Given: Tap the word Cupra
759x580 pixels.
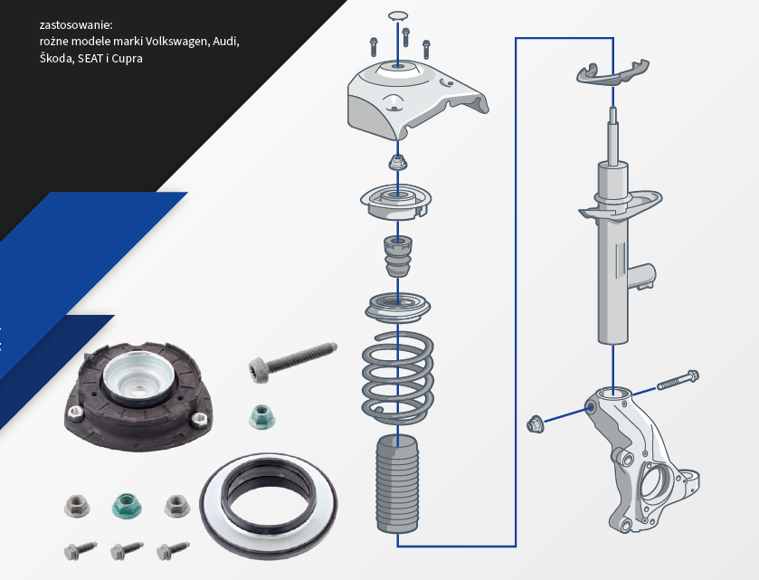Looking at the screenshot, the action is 127,59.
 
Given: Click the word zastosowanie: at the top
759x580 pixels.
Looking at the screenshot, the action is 76,24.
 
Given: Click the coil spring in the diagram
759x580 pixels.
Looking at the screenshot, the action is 397,377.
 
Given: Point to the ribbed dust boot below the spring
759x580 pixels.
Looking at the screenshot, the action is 397,484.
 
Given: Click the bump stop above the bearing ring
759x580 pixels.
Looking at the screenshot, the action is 398,256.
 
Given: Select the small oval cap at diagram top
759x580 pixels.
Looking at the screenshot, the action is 398,16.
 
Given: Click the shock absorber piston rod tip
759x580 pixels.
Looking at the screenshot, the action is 612,109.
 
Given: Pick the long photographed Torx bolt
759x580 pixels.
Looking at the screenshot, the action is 293,362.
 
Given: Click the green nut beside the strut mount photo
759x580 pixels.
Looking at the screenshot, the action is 261,417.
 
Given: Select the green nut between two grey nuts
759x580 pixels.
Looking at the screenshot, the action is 126,506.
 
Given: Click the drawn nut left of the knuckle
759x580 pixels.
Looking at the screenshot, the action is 534,424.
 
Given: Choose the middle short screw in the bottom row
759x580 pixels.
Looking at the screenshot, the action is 127,550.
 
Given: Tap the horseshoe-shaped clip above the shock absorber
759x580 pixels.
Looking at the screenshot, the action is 612,71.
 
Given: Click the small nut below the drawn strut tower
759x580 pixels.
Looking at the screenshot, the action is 398,162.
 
